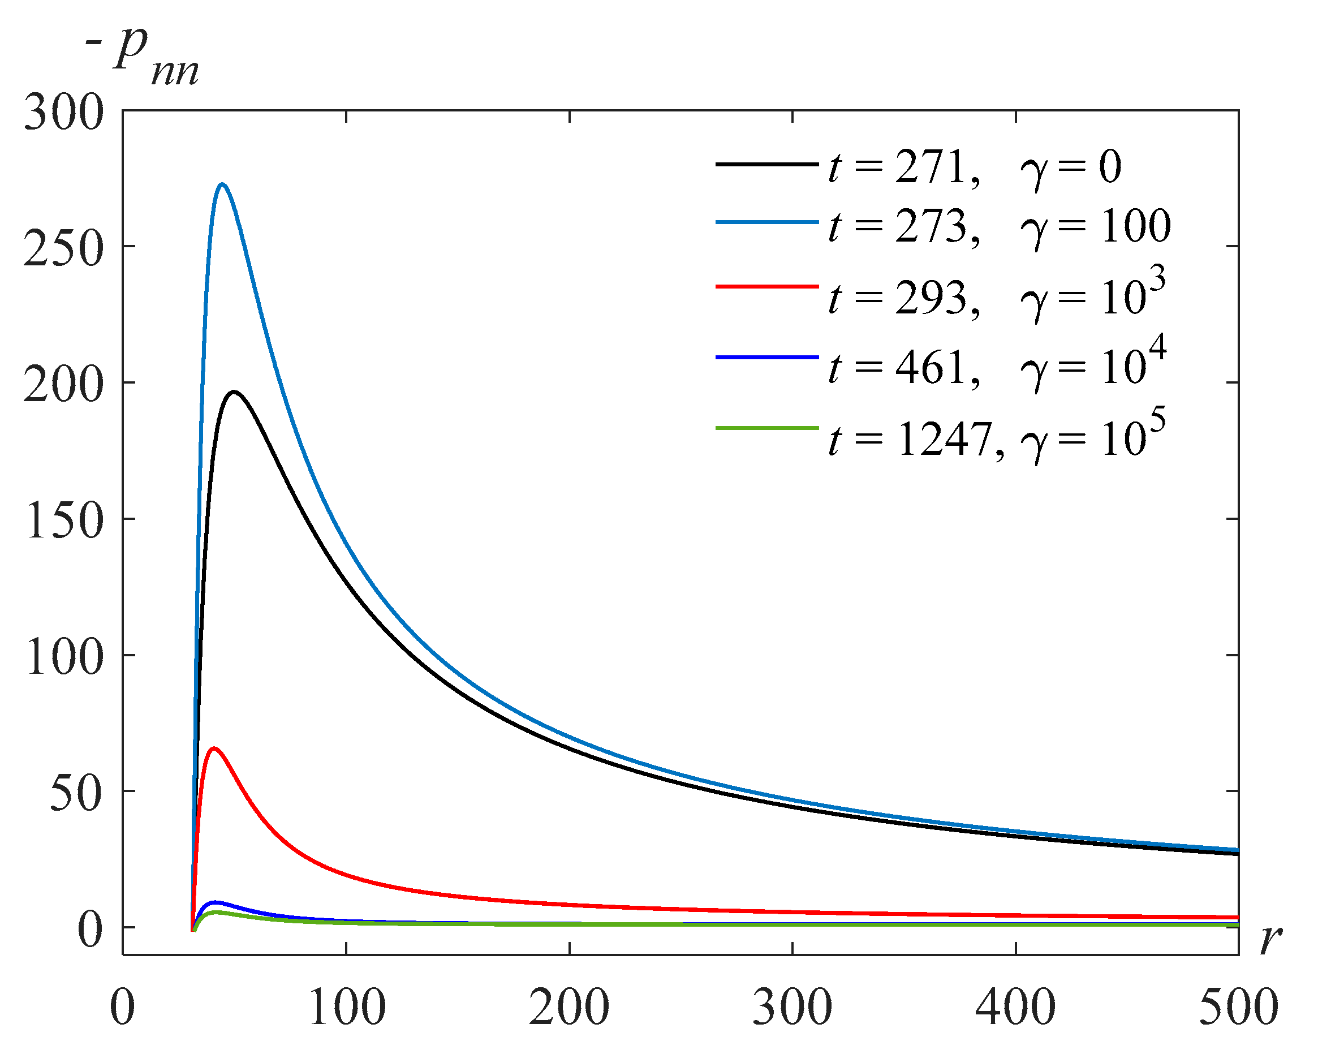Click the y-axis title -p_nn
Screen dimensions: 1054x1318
[x=144, y=58]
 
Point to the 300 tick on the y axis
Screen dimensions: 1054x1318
[x=63, y=113]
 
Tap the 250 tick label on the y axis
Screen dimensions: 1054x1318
[x=63, y=249]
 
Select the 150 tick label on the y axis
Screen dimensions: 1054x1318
[x=63, y=522]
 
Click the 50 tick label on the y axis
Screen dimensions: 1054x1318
[x=76, y=794]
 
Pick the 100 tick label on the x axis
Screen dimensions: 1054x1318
[x=347, y=1006]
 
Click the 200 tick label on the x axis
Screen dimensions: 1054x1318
[x=569, y=1006]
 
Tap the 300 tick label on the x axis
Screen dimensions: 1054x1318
[x=792, y=1006]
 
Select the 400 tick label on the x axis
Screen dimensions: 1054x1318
[x=1015, y=1006]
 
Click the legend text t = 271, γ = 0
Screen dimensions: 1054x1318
[x=975, y=166]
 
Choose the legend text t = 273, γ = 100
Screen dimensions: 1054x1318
[x=1000, y=226]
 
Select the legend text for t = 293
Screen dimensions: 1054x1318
[x=997, y=295]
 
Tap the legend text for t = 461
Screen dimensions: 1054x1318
[x=997, y=365]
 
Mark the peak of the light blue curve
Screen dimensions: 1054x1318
[x=222, y=184]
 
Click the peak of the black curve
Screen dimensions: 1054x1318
[x=234, y=392]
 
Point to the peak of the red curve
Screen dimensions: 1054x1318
[x=213, y=748]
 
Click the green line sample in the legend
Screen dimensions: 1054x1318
[x=766, y=428]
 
